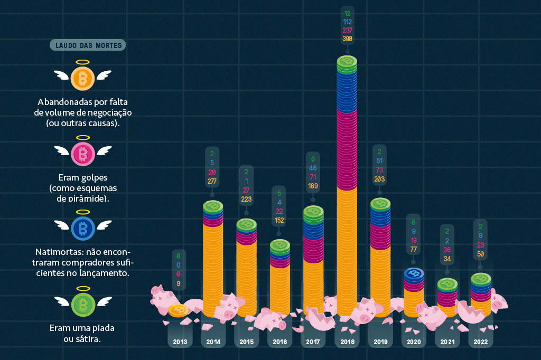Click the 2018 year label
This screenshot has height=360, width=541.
pyautogui.click(x=347, y=342)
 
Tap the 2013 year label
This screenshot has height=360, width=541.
pyautogui.click(x=180, y=342)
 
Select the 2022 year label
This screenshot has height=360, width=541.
pyautogui.click(x=481, y=342)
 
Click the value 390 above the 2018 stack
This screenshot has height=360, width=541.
pyautogui.click(x=347, y=39)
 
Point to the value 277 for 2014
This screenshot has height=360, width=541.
pyautogui.click(x=212, y=181)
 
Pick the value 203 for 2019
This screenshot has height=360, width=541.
pyautogui.click(x=380, y=179)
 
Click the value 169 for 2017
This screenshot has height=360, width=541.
pyautogui.click(x=313, y=185)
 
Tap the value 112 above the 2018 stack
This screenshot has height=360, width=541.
pyautogui.click(x=347, y=22)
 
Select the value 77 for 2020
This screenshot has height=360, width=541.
pyautogui.click(x=413, y=249)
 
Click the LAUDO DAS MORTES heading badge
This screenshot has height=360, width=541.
pyautogui.click(x=88, y=45)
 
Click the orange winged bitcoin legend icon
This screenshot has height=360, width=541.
pyautogui.click(x=82, y=78)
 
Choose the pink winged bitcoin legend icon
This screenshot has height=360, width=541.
pyautogui.click(x=82, y=154)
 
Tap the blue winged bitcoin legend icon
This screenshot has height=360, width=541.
pyautogui.click(x=82, y=228)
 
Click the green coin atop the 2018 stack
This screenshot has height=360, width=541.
pyautogui.click(x=347, y=62)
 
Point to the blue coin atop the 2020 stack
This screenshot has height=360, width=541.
pyautogui.click(x=415, y=273)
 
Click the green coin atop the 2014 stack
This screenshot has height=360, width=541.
pyautogui.click(x=213, y=206)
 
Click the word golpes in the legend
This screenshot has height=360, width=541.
pyautogui.click(x=97, y=178)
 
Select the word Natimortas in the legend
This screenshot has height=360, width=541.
pyautogui.click(x=55, y=252)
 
